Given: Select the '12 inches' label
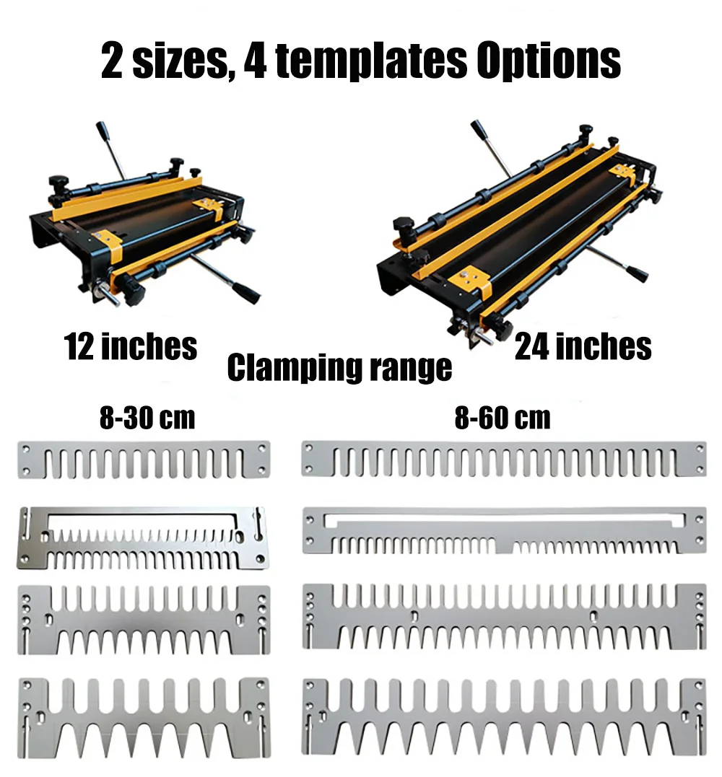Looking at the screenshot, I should pos(131,346).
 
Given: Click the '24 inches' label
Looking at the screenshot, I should pos(583,346).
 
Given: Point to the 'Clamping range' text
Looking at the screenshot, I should pos(339,367).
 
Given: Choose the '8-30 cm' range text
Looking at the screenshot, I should pos(147,418).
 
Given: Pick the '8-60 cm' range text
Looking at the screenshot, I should pos(503,418).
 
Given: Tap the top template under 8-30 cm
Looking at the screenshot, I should pos(143,460).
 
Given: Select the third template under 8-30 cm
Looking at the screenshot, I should pos(143,619).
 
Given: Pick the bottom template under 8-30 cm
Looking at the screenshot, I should pos(143,714).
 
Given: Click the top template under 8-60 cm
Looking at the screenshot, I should pos(504,460).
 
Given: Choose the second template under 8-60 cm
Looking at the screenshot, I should pos(504,530).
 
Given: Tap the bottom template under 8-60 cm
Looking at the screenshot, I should pos(504,714).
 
